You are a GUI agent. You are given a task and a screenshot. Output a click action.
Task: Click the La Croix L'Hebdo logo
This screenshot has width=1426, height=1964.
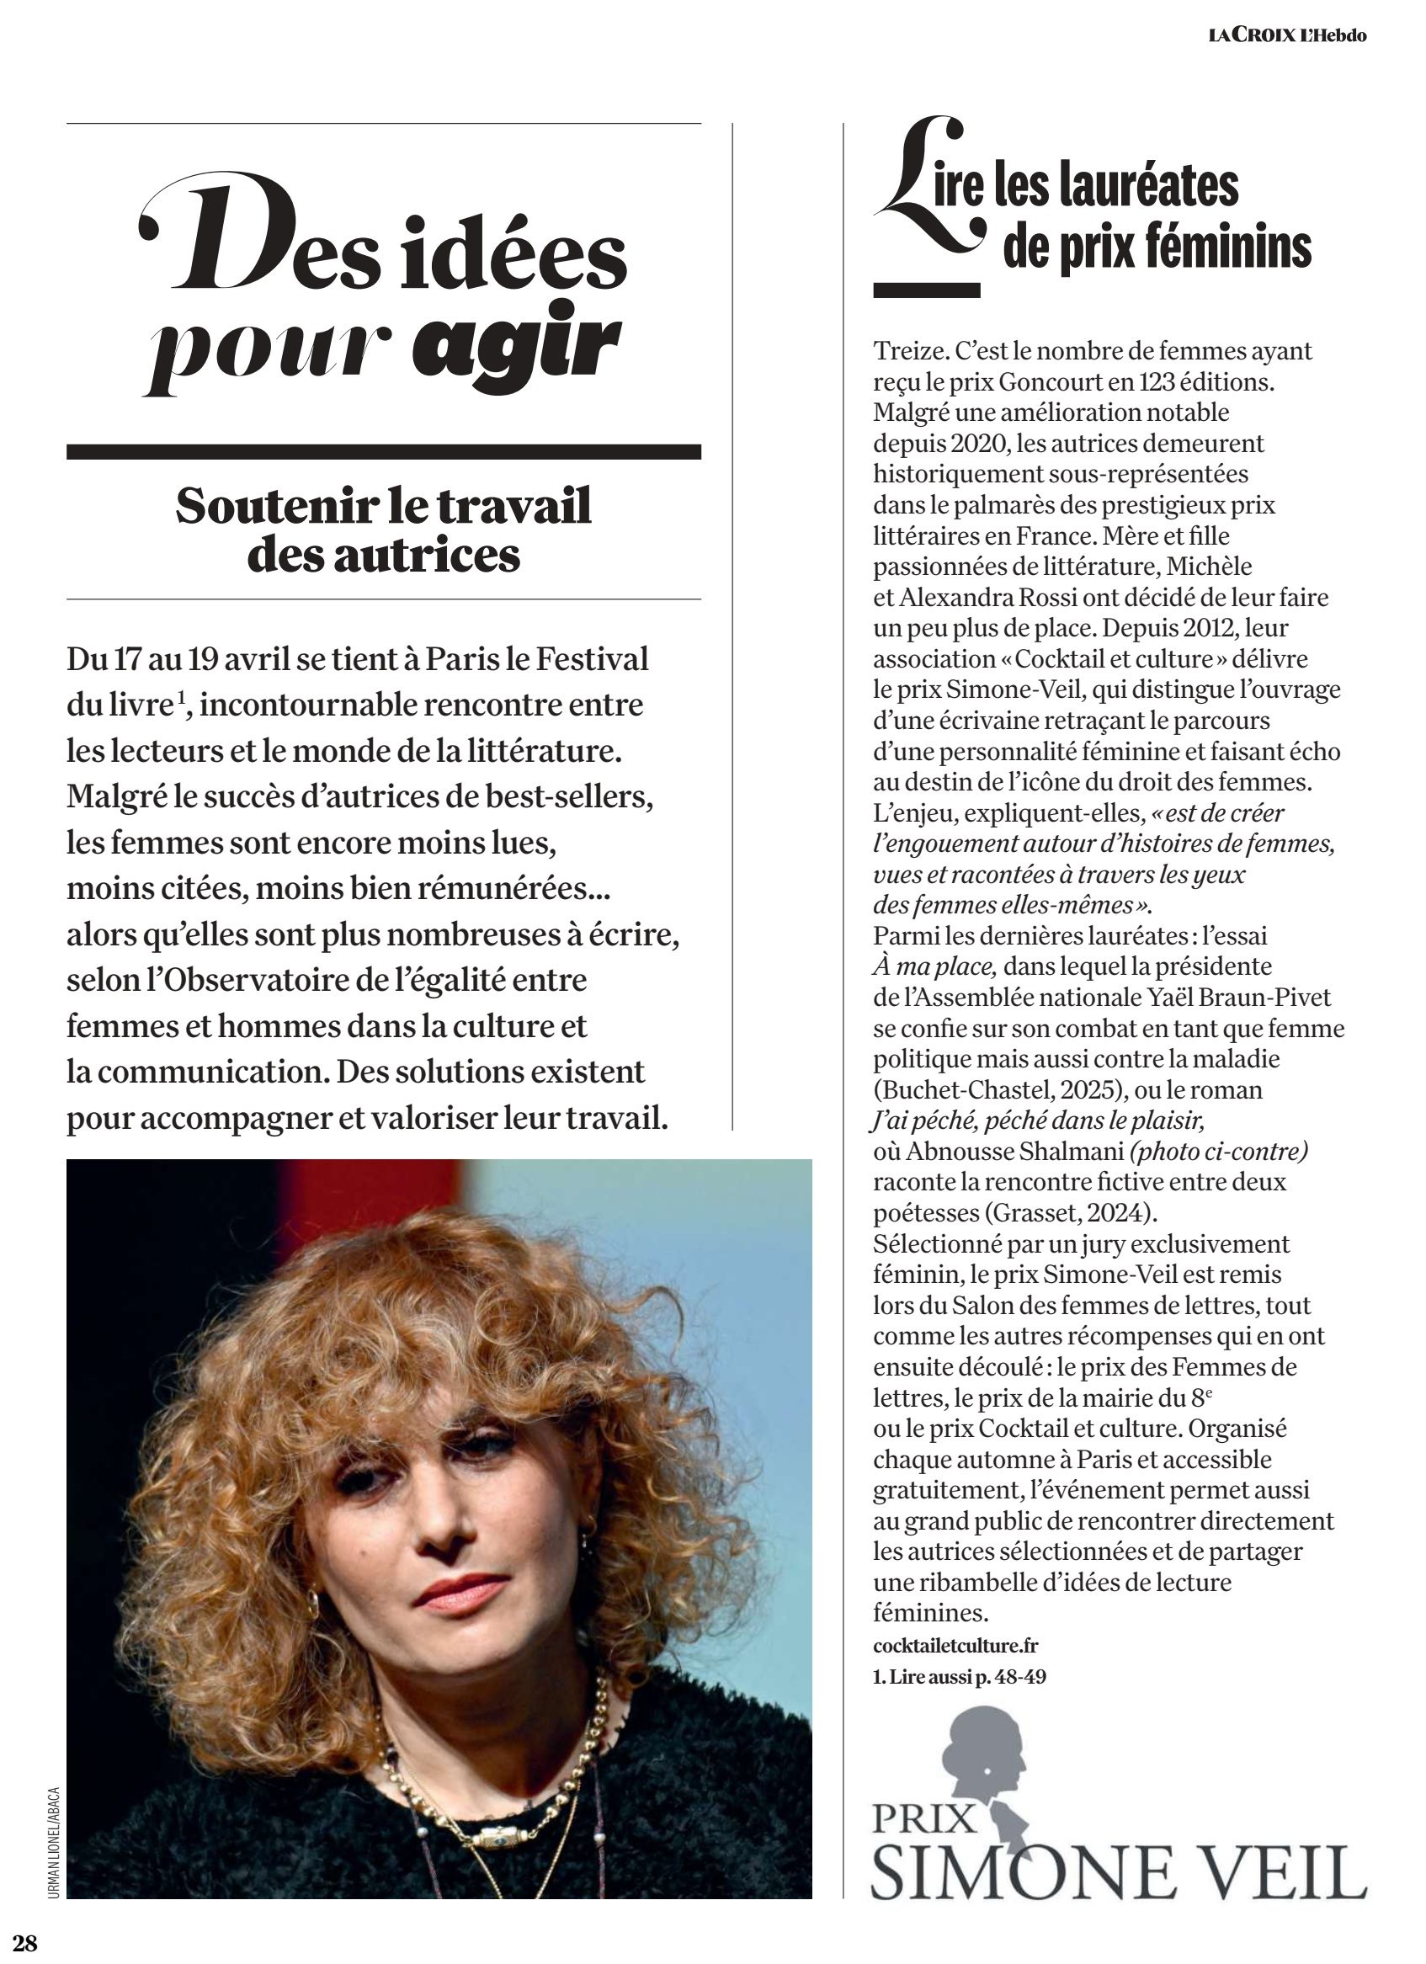click(x=1287, y=35)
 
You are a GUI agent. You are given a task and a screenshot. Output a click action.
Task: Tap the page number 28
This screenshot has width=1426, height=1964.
click(x=25, y=1944)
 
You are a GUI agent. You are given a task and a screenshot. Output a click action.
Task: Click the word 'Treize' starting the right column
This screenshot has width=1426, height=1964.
click(x=909, y=351)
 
